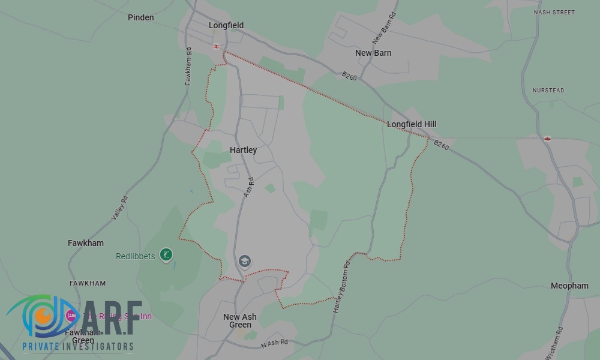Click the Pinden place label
tap(141, 17)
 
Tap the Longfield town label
tap(226, 25)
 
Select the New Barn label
tap(373, 53)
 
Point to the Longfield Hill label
tap(412, 124)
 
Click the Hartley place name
tap(243, 150)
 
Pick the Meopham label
tap(569, 286)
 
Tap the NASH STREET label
tap(554, 13)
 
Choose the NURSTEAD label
tap(548, 91)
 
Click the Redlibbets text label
tap(135, 256)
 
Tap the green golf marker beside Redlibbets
tap(167, 255)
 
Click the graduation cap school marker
tap(244, 262)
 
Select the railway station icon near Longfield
tap(216, 46)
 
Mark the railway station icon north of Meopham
tap(547, 139)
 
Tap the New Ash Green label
tap(240, 321)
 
